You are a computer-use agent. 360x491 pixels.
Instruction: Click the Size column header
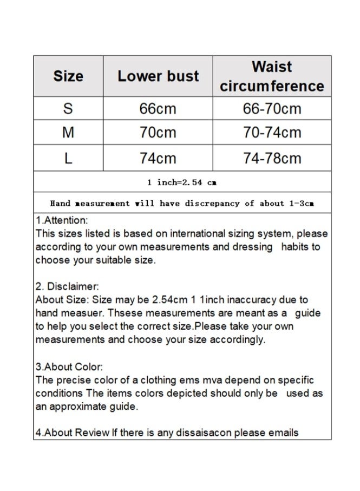68,76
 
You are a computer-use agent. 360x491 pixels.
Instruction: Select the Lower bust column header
158,76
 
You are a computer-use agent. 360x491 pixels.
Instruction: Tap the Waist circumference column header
272,76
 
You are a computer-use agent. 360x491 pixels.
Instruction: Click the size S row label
68,109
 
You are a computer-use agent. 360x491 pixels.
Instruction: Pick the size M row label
68,133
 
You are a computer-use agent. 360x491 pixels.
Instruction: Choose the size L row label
68,158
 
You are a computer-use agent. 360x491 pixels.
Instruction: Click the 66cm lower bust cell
158,109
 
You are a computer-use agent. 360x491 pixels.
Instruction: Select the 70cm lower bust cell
158,133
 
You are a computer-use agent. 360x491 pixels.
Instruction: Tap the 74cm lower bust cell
158,158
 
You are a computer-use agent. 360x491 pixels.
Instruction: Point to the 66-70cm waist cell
272,109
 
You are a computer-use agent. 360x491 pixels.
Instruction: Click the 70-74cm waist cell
272,133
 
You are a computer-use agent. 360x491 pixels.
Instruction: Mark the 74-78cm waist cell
272,158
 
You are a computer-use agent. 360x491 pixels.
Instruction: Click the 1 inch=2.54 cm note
182,182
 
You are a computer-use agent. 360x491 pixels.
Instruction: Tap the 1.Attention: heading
62,221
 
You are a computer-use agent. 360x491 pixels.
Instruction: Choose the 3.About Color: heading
69,367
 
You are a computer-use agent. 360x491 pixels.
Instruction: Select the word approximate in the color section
81,407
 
